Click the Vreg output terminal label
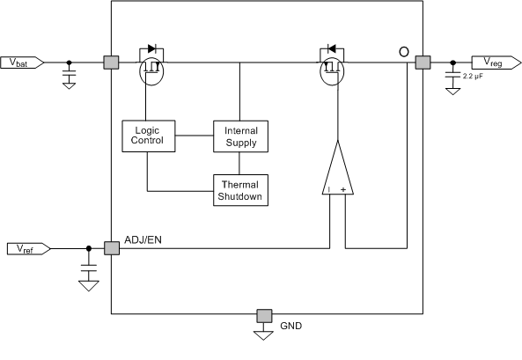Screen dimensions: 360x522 tap(489, 62)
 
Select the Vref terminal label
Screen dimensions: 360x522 tap(25, 248)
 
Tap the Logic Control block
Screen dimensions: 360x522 tap(147, 136)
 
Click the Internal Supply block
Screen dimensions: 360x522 tap(240, 136)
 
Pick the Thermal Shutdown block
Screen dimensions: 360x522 tap(240, 189)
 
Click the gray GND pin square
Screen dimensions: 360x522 tap(262, 316)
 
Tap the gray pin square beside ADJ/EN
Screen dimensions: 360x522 tap(111, 248)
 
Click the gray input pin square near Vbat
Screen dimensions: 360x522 tap(111, 62)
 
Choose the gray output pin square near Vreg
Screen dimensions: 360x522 tap(423, 62)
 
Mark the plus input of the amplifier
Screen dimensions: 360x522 tap(344, 188)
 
